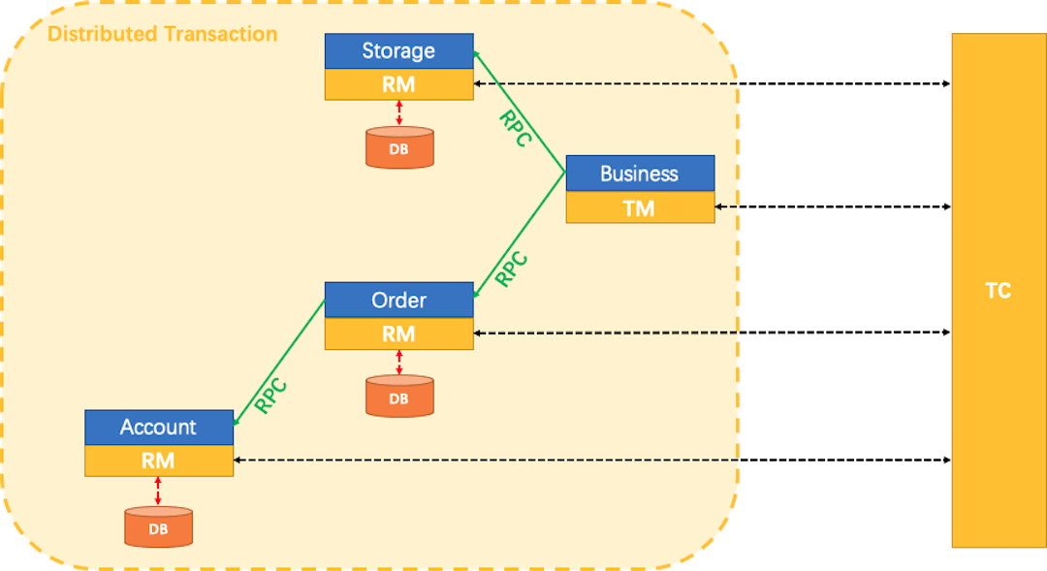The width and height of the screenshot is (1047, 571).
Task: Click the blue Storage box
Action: coord(398,51)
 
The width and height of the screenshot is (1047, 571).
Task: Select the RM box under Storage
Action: coord(398,84)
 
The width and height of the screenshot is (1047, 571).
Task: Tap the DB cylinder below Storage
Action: coord(398,147)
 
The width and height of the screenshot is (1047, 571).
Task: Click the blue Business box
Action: coord(640,174)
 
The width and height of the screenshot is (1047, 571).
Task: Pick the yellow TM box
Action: coord(640,207)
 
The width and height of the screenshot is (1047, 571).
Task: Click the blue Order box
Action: coord(398,301)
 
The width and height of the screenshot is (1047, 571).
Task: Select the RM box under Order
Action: coord(398,333)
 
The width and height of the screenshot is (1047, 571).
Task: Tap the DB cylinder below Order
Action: coord(398,397)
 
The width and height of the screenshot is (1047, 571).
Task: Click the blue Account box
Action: coord(159,428)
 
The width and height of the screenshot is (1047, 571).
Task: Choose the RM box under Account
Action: coord(159,460)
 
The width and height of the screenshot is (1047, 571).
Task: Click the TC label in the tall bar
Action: coord(998,290)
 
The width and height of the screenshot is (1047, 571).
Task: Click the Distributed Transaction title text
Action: coord(162,34)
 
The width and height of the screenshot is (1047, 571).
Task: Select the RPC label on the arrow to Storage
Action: coord(515,128)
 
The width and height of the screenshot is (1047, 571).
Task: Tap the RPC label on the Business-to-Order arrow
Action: coord(511,269)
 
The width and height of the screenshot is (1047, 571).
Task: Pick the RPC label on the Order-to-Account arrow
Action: coord(270,395)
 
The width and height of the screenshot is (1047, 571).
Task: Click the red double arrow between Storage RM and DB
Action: coord(398,112)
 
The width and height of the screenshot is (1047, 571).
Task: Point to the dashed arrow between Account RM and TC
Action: coord(591,460)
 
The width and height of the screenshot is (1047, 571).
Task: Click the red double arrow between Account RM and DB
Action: coord(158,492)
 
